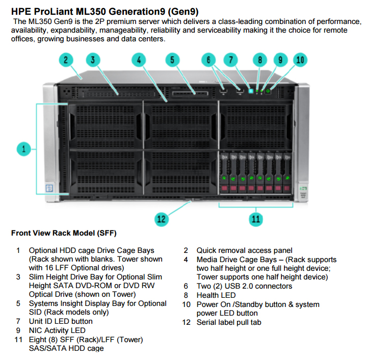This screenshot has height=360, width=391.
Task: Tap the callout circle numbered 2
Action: coord(66,60)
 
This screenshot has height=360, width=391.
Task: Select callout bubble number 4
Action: coord(139,60)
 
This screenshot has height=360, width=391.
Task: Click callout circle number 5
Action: coord(172,60)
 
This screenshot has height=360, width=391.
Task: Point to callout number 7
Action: coord(231,60)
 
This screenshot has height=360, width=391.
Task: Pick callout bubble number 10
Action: coord(300,60)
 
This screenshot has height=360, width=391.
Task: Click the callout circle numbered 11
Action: coord(255,219)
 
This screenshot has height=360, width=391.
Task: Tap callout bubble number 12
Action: coord(162,219)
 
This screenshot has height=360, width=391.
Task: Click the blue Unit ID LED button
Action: coord(251,92)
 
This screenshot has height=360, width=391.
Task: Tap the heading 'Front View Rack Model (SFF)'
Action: coord(64,234)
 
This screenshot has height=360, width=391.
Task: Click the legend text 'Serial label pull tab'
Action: coord(229,322)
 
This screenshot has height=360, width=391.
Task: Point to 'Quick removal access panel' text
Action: coord(244,250)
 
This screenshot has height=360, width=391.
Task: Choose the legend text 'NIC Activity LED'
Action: coord(57,330)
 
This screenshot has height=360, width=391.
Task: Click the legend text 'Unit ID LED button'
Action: coord(61,321)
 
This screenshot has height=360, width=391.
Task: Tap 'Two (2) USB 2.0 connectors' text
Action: coord(244,286)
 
